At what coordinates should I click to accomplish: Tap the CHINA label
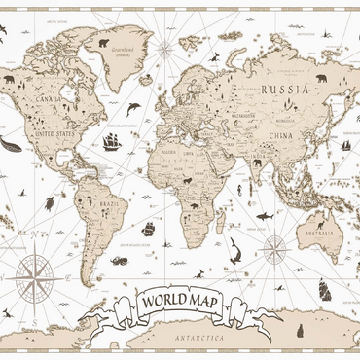[x=282, y=134]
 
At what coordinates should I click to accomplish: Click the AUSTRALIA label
[x=321, y=233]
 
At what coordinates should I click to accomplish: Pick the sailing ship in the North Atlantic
[x=112, y=142]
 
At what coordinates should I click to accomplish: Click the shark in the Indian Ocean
[x=263, y=214]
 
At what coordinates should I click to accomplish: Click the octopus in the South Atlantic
[x=119, y=260]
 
